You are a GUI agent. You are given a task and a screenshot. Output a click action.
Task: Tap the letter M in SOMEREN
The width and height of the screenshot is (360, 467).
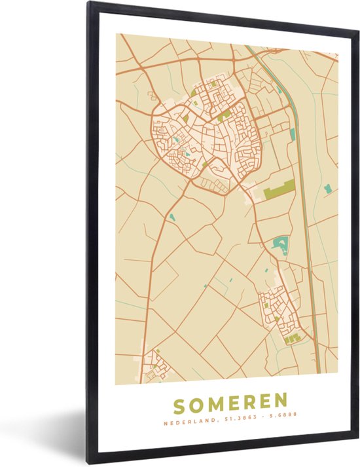[217, 400]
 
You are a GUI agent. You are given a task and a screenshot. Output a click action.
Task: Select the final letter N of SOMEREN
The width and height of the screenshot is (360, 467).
[281, 400]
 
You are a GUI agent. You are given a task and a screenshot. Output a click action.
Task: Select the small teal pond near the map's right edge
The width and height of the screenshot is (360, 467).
[327, 189]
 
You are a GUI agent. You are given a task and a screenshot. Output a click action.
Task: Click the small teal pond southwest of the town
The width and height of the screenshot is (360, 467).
[172, 216]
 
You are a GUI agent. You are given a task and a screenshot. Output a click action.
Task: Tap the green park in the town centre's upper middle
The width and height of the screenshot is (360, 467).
[224, 115]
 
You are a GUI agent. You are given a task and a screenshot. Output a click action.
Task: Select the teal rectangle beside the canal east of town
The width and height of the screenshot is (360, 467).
[293, 134]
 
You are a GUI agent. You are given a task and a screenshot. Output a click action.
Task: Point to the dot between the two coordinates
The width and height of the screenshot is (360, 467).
[251, 422]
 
